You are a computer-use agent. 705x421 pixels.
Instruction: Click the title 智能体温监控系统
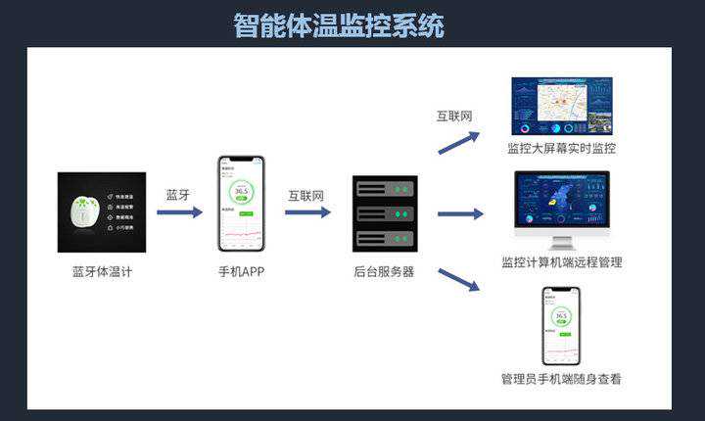click(x=339, y=24)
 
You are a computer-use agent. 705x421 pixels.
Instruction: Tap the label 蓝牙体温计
click(x=102, y=271)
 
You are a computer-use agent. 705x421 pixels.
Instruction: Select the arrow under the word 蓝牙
click(x=179, y=211)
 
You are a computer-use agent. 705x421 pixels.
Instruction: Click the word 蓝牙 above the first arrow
click(x=178, y=194)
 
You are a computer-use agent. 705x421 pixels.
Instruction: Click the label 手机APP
click(x=241, y=271)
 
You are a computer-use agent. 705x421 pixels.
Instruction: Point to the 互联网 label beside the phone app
click(x=305, y=194)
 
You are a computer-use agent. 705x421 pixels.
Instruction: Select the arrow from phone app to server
click(x=307, y=211)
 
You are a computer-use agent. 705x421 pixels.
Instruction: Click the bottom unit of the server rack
click(x=385, y=239)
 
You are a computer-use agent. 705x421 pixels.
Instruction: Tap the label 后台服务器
click(x=384, y=271)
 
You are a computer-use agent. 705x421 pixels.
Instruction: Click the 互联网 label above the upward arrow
click(x=454, y=116)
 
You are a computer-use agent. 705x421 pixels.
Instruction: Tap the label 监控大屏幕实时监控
click(x=561, y=149)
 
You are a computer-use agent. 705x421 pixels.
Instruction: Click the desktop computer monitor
click(x=561, y=202)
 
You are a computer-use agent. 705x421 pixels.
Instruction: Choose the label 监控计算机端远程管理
click(x=561, y=262)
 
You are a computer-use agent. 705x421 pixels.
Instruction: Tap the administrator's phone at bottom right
click(x=561, y=324)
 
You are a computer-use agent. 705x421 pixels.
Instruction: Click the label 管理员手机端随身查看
click(x=561, y=379)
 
